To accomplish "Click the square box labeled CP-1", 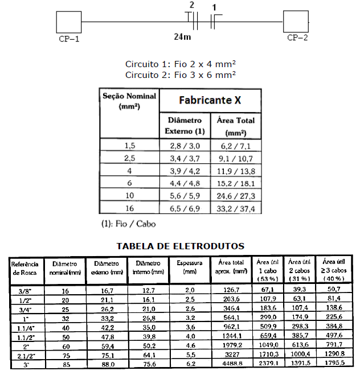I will pos(69,22).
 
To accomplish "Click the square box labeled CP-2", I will pos(296,22).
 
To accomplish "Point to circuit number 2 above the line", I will pos(191,5).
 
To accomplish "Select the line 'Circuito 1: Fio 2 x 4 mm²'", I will pos(180,65).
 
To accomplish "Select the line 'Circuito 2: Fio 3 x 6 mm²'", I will pos(180,75).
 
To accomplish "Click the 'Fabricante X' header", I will pos(209,100).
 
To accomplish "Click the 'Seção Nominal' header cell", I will pos(129,100).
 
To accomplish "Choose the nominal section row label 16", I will pos(130,209).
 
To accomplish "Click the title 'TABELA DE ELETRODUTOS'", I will pos(180,246).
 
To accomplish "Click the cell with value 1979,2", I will pos(231,345).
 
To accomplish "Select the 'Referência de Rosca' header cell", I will pos(24,267).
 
